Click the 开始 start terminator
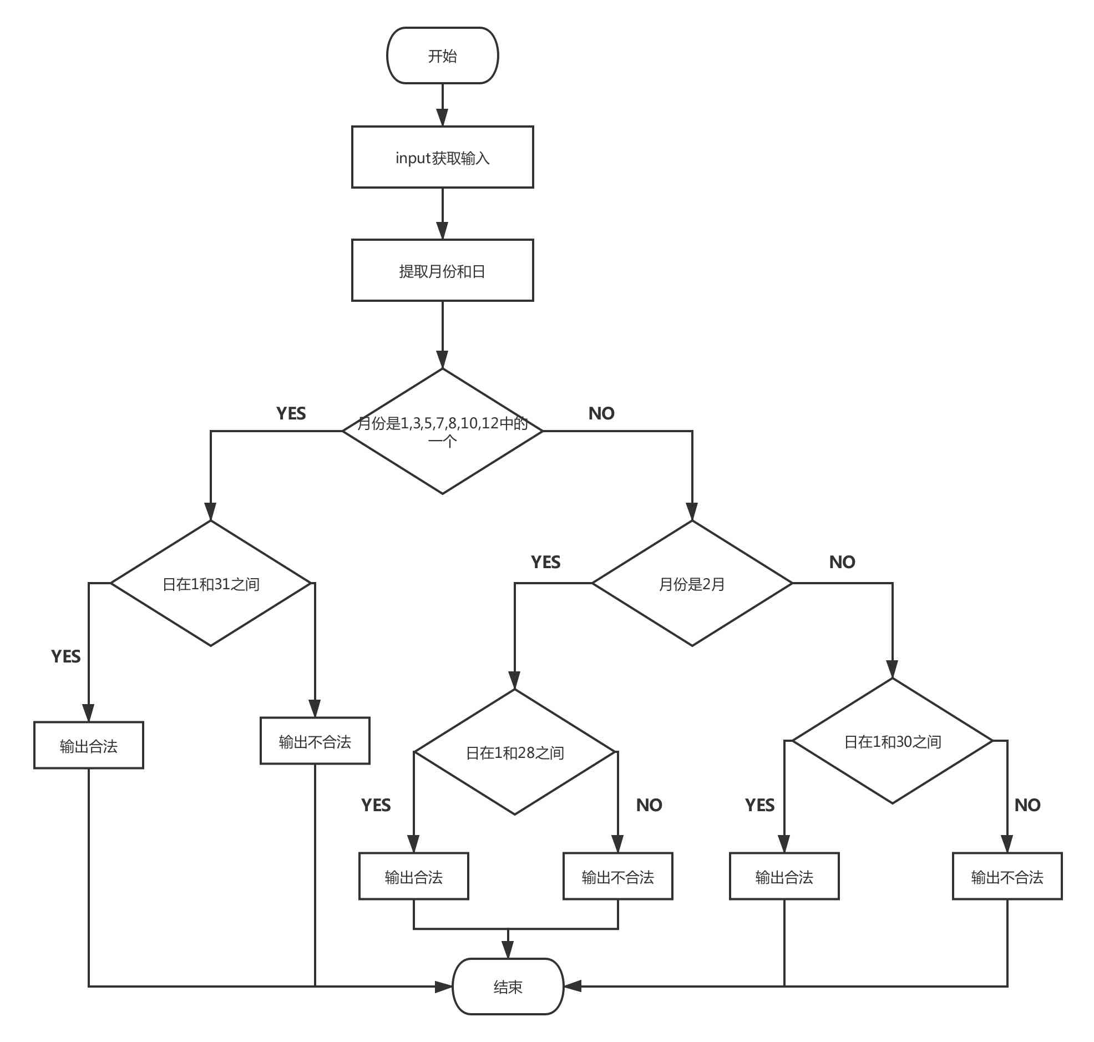442,55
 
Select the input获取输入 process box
442,157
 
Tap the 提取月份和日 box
442,271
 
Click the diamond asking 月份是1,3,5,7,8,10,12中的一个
442,432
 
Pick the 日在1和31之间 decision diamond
210,583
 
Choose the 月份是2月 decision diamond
691,583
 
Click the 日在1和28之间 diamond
515,752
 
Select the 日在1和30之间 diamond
892,741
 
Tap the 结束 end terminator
508,987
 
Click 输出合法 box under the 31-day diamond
88,745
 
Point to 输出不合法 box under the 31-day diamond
315,741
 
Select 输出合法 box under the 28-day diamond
413,877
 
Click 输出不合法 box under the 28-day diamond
617,877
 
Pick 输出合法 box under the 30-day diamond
783,877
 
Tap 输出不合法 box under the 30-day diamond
1007,877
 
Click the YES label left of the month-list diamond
291,413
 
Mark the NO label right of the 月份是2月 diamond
842,562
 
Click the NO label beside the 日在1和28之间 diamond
649,805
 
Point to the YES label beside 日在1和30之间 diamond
759,805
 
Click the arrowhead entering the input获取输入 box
442,118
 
